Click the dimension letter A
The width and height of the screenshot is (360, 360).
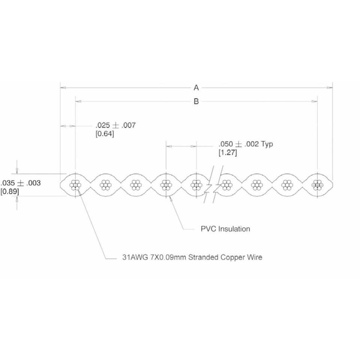(x=196, y=88)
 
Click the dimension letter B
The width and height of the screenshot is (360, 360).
(x=196, y=101)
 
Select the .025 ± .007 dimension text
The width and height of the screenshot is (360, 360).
(x=115, y=126)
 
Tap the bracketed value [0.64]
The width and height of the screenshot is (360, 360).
(x=105, y=134)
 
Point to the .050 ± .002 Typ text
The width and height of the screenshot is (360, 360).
(x=246, y=144)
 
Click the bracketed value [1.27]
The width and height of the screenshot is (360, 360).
(x=228, y=153)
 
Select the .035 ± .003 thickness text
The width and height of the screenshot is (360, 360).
(x=21, y=183)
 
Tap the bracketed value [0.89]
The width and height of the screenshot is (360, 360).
(x=10, y=192)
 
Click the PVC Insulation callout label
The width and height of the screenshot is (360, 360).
(x=225, y=229)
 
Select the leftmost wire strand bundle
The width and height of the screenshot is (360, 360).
(x=76, y=184)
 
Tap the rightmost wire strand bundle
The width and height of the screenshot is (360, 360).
(x=318, y=184)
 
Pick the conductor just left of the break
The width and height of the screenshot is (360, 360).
(x=196, y=184)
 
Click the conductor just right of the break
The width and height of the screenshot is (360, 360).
(x=226, y=184)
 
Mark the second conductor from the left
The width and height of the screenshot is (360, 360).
(x=105, y=184)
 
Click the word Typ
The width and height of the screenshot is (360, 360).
(x=267, y=144)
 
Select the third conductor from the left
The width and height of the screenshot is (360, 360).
(x=135, y=184)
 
